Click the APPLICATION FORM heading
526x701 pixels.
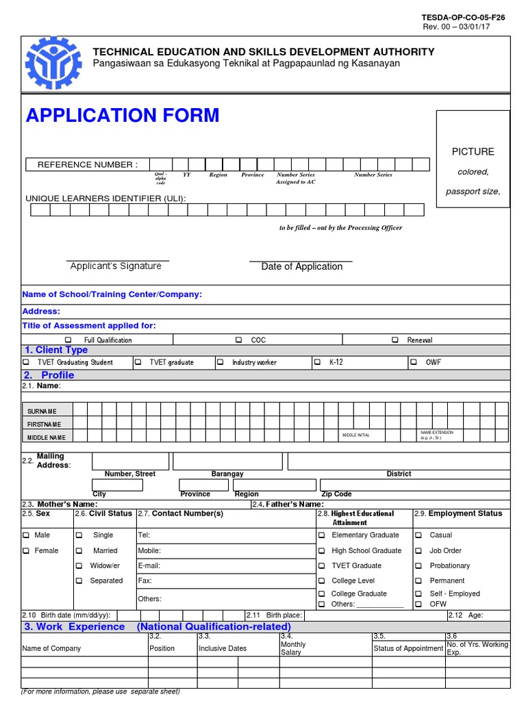click(x=123, y=115)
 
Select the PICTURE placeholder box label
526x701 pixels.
click(x=473, y=151)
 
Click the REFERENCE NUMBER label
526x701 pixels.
click(x=87, y=164)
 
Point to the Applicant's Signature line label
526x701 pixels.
click(x=116, y=266)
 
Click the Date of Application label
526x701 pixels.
click(x=301, y=266)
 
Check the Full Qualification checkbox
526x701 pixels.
click(x=68, y=340)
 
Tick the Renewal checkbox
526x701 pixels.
click(x=395, y=340)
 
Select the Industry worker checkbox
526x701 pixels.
click(x=221, y=362)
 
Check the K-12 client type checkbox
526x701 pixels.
click(x=317, y=362)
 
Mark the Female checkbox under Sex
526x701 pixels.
click(x=26, y=550)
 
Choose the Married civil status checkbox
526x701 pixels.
click(x=79, y=550)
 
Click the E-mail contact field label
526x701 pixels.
click(x=149, y=565)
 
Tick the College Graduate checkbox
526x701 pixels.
click(x=322, y=594)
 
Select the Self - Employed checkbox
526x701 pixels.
click(x=418, y=594)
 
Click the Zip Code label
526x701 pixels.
click(x=336, y=494)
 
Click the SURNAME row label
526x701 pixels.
click(x=42, y=411)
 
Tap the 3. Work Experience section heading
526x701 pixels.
click(x=75, y=626)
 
